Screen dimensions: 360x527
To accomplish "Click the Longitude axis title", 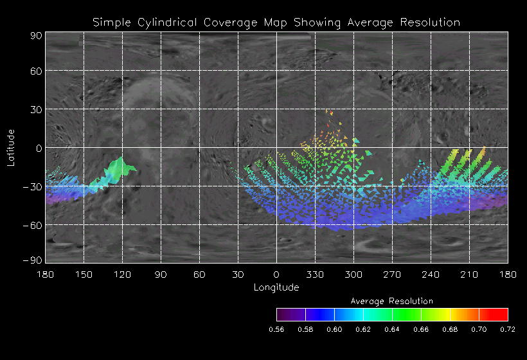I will (x=276, y=287).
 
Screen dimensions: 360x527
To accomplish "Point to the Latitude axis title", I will (x=11, y=147).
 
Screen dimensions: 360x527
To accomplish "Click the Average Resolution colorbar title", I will (x=392, y=301).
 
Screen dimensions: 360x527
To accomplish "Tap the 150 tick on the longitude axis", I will (x=84, y=274).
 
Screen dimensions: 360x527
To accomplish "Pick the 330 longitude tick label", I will (x=315, y=274).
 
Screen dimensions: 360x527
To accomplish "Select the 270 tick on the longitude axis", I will (x=392, y=274).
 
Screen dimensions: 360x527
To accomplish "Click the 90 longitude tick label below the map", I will (x=161, y=274).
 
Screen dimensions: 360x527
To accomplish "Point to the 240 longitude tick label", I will (x=431, y=274).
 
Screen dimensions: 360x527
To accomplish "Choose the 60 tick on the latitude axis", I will (x=36, y=71).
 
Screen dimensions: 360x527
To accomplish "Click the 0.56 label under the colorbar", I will (x=276, y=329).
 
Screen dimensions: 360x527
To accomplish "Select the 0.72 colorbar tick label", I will (x=508, y=329).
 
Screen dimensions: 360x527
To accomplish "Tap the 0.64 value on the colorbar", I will (x=392, y=329).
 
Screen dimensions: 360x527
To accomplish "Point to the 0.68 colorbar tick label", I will (x=450, y=329).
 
